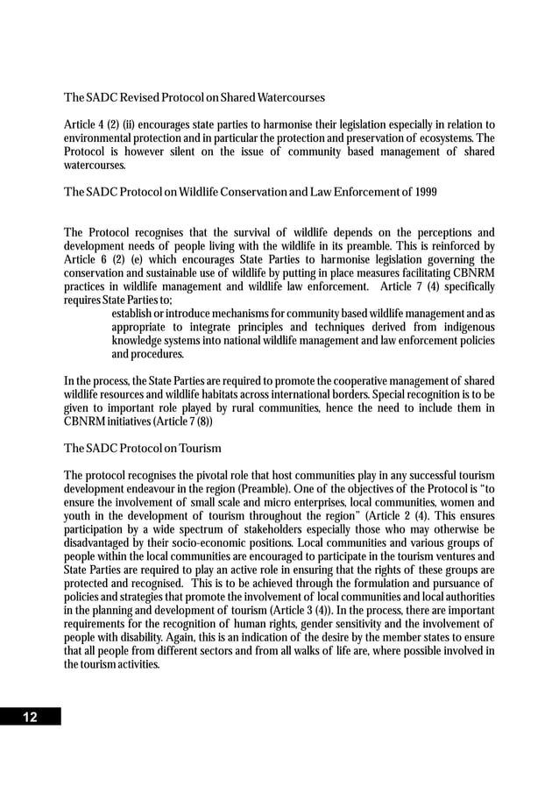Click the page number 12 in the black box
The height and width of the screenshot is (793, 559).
(x=30, y=718)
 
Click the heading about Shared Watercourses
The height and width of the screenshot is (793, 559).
(x=195, y=96)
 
